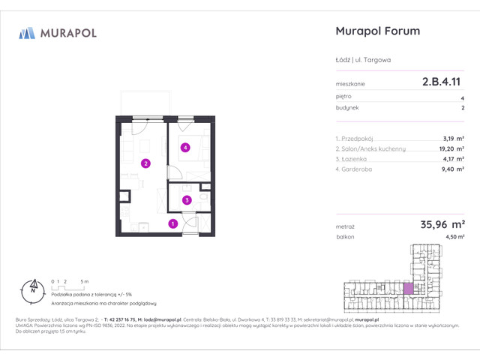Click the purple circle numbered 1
(x=172, y=223)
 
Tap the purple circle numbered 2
(x=146, y=163)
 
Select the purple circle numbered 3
(x=187, y=199)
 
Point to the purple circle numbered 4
(x=184, y=148)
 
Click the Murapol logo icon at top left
(x=27, y=32)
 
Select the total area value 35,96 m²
(x=438, y=223)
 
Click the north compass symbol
(x=32, y=286)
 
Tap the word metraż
(x=346, y=225)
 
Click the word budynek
(x=347, y=108)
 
